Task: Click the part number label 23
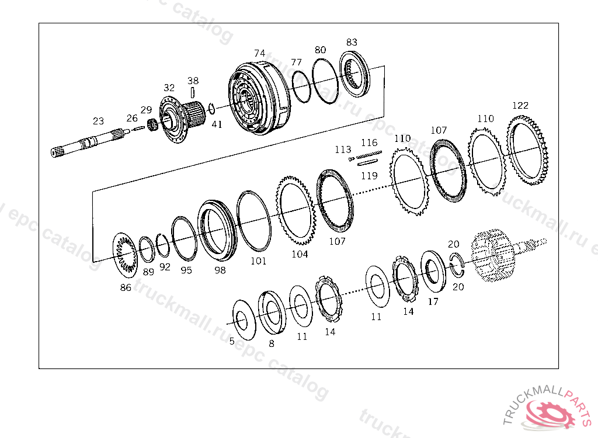pyautogui.click(x=98, y=121)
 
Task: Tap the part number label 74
pyautogui.click(x=260, y=53)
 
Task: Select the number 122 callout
pyautogui.click(x=520, y=105)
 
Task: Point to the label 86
pyautogui.click(x=126, y=287)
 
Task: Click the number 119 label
pyautogui.click(x=369, y=176)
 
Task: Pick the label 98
pyautogui.click(x=220, y=270)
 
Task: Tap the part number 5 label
pyautogui.click(x=232, y=341)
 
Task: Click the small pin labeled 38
pyautogui.click(x=193, y=93)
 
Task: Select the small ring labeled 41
pyautogui.click(x=211, y=109)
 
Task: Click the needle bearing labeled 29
pyautogui.click(x=153, y=125)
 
